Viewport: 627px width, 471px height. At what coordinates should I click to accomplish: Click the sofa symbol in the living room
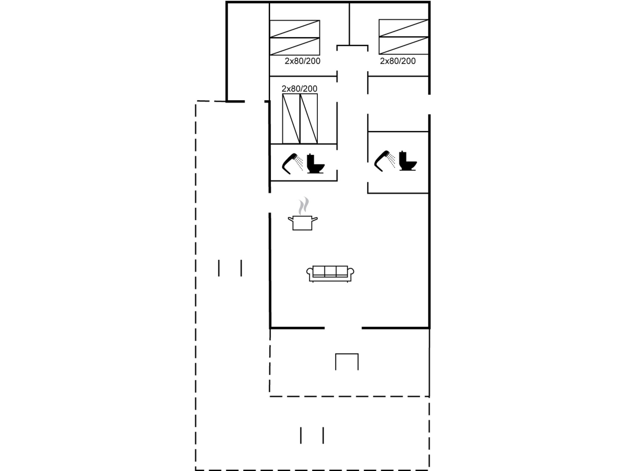coord(330,274)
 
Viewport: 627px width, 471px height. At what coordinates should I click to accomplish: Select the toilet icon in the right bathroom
coord(407,161)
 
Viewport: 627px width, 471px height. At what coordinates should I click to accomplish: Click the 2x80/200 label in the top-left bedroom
coord(302,61)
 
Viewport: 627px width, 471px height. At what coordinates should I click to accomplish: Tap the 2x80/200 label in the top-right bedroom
coord(398,61)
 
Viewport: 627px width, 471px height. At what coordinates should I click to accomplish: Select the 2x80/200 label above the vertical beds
coord(299,89)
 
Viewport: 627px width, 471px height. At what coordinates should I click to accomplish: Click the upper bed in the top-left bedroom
coord(295,29)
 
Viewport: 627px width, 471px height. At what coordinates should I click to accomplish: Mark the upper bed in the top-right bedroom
coord(404,28)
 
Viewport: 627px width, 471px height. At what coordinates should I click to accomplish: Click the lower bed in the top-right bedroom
coord(404,45)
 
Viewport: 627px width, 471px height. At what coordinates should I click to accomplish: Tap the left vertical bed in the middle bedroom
coord(291,119)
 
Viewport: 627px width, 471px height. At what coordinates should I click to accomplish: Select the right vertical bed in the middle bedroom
coord(309,119)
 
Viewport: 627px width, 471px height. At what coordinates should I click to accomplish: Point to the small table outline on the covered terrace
coord(347,361)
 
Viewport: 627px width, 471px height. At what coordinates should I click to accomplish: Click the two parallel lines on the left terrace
coord(230,268)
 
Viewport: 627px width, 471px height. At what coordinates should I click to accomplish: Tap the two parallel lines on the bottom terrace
coord(312,435)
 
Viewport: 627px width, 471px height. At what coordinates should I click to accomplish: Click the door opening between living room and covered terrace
coord(343,328)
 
